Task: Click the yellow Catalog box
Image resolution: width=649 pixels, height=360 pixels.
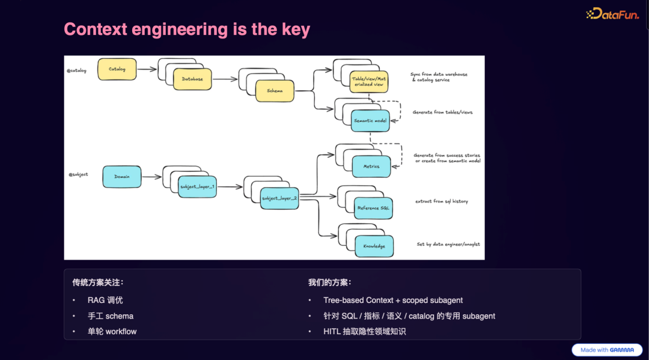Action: [x=117, y=69]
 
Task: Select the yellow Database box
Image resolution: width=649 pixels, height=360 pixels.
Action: [x=192, y=79]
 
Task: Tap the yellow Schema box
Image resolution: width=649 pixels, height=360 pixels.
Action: [x=275, y=91]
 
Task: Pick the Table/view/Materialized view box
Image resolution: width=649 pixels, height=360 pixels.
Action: [x=369, y=82]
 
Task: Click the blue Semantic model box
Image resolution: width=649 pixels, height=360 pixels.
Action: [x=370, y=121]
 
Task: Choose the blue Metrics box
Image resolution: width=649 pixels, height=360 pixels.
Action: [x=371, y=166]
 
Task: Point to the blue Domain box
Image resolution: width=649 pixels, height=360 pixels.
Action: [x=122, y=177]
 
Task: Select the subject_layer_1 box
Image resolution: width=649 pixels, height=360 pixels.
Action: [x=198, y=187]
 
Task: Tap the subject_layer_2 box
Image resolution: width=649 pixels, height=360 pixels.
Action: [x=279, y=198]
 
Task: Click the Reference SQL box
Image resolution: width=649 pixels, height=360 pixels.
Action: [x=373, y=208]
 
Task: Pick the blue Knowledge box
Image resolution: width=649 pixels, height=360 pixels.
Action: [x=374, y=246]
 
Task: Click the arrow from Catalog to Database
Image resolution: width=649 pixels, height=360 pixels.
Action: [x=147, y=70]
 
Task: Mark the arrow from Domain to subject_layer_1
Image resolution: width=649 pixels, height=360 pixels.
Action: [x=152, y=177]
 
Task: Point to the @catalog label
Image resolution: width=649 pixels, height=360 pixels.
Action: [x=77, y=70]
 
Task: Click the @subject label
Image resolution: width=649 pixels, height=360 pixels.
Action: [x=78, y=174]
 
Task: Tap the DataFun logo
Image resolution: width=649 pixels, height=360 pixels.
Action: [x=612, y=14]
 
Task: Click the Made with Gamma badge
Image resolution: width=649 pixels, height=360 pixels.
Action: [x=607, y=350]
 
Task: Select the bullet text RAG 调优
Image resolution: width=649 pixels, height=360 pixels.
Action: [x=105, y=300]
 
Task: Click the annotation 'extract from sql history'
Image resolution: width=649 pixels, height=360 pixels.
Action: [x=441, y=201]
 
